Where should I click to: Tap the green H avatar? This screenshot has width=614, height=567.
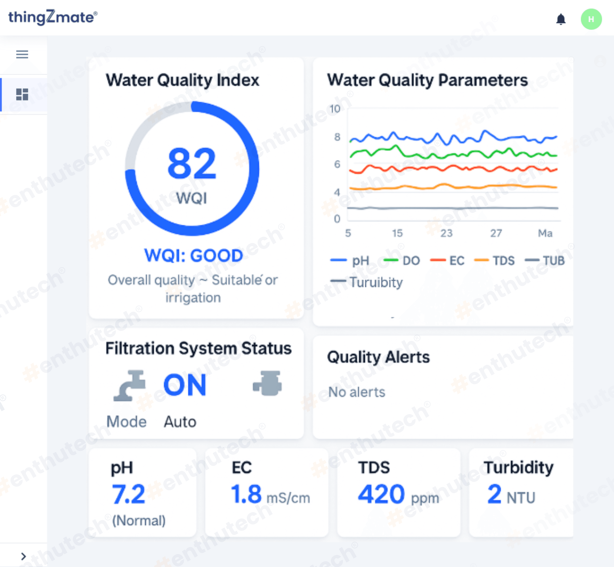tap(591, 19)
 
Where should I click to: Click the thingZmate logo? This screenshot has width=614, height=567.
tap(52, 17)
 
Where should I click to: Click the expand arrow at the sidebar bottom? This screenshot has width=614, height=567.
tap(23, 556)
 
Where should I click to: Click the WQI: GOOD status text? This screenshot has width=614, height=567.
tap(193, 255)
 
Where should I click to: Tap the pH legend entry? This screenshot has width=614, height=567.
tap(350, 260)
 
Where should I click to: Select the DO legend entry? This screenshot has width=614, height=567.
tap(402, 260)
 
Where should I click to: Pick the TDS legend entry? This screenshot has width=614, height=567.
tap(495, 260)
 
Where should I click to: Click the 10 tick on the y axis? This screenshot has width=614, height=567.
tap(335, 109)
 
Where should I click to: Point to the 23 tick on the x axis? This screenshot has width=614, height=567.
tap(446, 233)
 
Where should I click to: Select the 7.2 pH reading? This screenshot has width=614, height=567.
tap(128, 494)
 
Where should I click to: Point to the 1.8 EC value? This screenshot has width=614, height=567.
tap(246, 494)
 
